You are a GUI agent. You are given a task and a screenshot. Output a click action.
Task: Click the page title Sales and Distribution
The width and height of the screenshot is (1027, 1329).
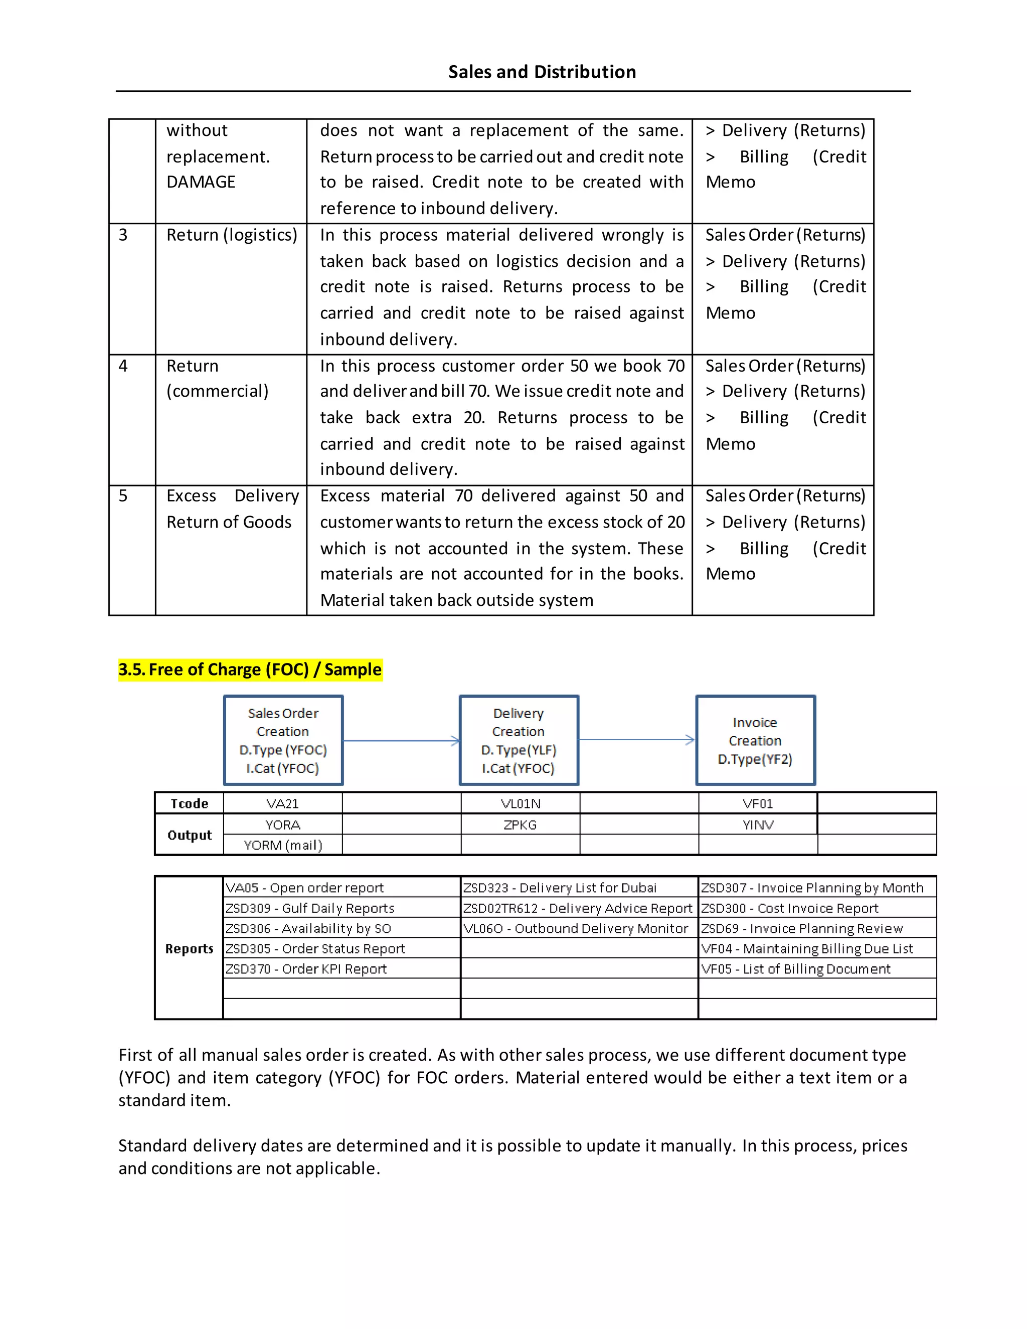pyautogui.click(x=542, y=72)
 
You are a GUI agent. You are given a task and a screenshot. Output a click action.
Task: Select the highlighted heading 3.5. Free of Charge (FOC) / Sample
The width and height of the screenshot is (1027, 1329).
pyautogui.click(x=250, y=670)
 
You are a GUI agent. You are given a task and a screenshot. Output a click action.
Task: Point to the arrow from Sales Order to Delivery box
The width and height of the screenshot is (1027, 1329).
pyautogui.click(x=402, y=741)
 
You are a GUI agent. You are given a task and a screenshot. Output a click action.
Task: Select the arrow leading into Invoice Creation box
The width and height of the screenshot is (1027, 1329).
pyautogui.click(x=636, y=740)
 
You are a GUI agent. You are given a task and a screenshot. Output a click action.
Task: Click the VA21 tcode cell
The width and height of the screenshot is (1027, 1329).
pyautogui.click(x=283, y=803)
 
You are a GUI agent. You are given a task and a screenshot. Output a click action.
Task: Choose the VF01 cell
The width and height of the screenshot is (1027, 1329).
pyautogui.click(x=758, y=803)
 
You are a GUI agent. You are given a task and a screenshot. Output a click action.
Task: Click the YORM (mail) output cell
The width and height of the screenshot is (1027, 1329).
pyautogui.click(x=283, y=845)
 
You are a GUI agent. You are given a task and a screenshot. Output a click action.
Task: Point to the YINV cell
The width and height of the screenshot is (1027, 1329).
pyautogui.click(x=758, y=824)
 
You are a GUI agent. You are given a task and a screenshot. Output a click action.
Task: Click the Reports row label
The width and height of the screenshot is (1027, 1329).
pyautogui.click(x=189, y=949)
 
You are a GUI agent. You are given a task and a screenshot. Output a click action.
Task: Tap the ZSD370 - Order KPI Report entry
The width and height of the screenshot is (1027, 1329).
pyautogui.click(x=306, y=969)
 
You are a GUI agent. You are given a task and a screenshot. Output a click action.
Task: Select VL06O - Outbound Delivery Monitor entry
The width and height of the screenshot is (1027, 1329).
pyautogui.click(x=576, y=928)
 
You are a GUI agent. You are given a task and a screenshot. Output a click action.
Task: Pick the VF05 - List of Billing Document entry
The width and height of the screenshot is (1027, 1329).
pyautogui.click(x=795, y=969)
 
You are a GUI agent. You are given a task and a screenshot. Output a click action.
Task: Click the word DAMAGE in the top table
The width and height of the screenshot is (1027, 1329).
pyautogui.click(x=201, y=182)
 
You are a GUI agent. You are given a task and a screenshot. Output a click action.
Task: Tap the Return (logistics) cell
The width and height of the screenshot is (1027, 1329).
pyautogui.click(x=232, y=235)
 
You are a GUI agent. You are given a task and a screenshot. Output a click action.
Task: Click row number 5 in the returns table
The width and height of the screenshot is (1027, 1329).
pyautogui.click(x=123, y=496)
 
